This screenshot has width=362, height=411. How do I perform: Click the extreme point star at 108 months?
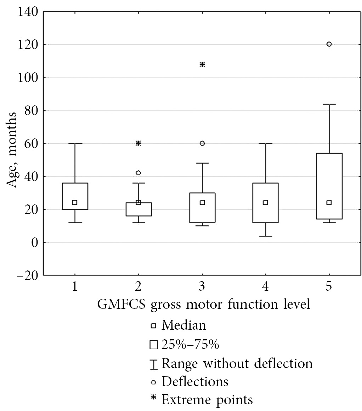pos(202,64)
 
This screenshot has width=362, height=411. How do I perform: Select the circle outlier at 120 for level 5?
pos(329,44)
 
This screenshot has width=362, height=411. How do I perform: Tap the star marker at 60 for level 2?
pos(138,143)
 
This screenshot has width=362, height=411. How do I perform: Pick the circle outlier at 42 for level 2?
pos(138,173)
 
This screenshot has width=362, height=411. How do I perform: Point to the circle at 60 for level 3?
pos(202,143)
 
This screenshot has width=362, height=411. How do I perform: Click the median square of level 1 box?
pos(74,202)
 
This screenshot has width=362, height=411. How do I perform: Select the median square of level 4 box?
pos(265,202)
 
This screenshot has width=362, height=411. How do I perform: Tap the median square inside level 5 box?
pos(329,202)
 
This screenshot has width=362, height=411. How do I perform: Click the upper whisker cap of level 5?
pos(329,104)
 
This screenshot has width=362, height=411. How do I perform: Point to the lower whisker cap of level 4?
pos(265,236)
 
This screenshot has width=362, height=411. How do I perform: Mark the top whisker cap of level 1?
pos(74,143)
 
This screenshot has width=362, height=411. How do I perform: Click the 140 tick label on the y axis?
pos(27,12)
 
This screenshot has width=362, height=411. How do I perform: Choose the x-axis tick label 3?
pos(202,287)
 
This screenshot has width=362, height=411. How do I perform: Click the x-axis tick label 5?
pos(329,287)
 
